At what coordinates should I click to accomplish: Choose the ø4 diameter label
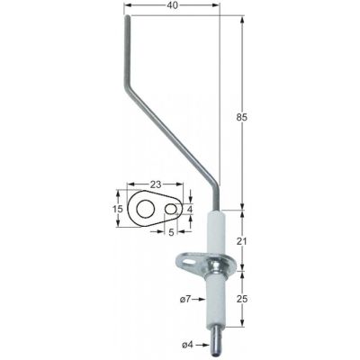pos(187,345)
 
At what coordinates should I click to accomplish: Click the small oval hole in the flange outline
pos(172,209)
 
